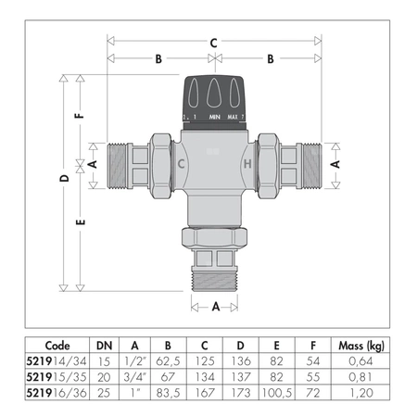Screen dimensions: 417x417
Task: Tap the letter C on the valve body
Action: click(x=182, y=165)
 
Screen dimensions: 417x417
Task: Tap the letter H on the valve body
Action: click(x=246, y=165)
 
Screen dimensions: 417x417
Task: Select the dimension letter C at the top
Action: click(x=214, y=42)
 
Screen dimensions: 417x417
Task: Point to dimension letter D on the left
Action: click(x=63, y=176)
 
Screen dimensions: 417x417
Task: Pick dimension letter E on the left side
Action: click(x=80, y=223)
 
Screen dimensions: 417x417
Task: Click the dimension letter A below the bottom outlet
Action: click(x=214, y=305)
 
